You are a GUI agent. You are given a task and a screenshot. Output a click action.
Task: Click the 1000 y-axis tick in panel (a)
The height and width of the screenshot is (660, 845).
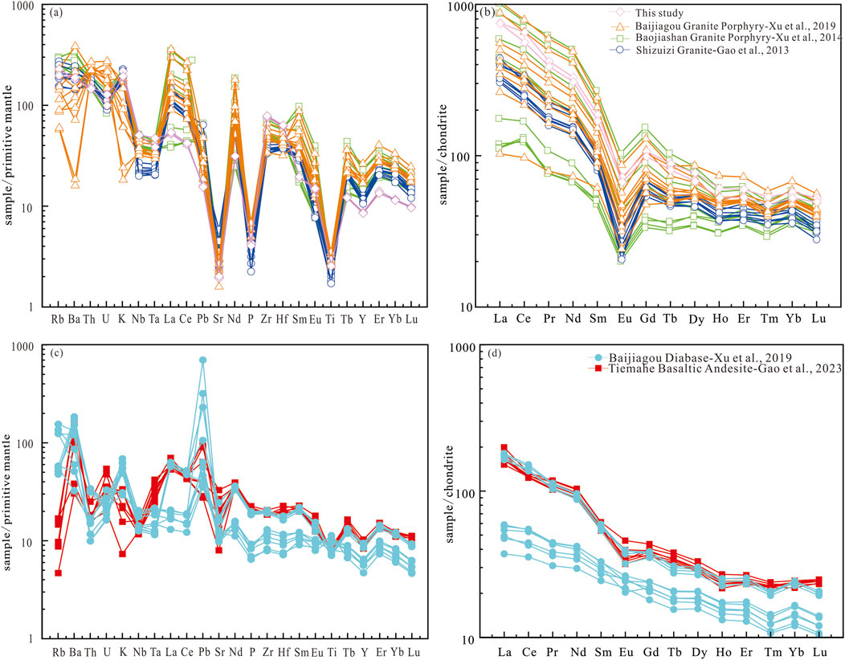click(x=27, y=7)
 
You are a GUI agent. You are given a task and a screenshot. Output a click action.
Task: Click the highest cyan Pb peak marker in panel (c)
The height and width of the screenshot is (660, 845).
click(x=203, y=361)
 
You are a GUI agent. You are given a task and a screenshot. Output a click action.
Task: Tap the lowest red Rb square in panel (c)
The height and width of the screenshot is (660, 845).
click(x=59, y=572)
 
